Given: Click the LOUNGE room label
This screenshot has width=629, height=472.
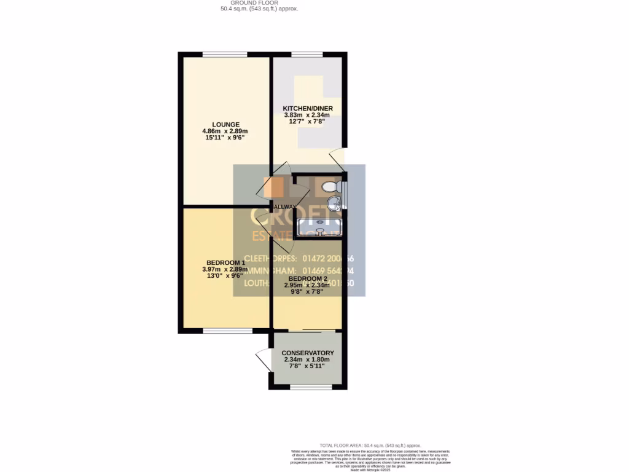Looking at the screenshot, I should click(226, 124).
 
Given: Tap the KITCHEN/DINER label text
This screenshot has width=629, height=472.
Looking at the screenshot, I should click(308, 109).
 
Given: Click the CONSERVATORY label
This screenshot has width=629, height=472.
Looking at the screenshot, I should click(307, 353).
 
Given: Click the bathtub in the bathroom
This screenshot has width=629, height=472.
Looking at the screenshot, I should click(319, 227).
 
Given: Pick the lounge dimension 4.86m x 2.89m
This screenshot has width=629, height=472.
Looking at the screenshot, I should click(226, 131).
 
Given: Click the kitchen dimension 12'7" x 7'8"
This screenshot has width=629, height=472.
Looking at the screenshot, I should click(308, 122).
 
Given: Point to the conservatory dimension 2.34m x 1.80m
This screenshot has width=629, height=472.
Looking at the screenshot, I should click(307, 360).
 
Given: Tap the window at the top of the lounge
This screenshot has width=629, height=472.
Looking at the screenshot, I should click(225, 55).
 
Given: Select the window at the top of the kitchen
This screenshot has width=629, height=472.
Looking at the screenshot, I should click(307, 55).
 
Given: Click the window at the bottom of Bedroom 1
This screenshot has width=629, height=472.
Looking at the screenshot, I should click(227, 331).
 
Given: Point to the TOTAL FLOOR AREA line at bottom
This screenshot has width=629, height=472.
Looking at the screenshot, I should click(370, 445).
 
